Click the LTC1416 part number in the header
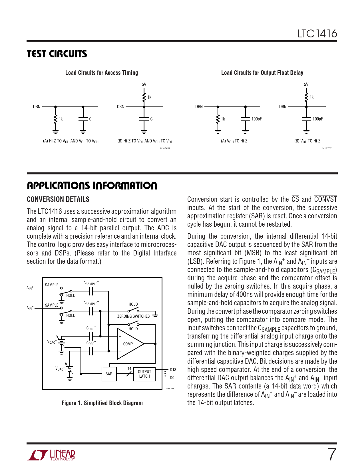pos(317,34)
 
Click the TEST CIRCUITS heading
pos(57,54)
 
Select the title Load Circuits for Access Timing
pos(101,73)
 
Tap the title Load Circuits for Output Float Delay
pos(262,73)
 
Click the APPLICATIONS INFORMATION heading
pos(92,186)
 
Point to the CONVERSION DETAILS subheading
pos(58,199)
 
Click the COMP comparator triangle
pos(128,344)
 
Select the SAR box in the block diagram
pos(109,374)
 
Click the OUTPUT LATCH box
pos(144,374)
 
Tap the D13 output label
pos(173,370)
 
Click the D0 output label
pos(172,378)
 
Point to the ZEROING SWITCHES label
pos(133,316)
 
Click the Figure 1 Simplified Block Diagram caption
pos(102,403)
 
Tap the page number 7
pos(331,454)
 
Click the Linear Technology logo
pos(52,455)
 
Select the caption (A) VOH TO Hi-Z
pos(234,141)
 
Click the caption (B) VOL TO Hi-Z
pos(307,141)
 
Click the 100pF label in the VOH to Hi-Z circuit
pos(256,119)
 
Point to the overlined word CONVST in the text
pos(325,199)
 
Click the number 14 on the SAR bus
pos(129,369)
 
